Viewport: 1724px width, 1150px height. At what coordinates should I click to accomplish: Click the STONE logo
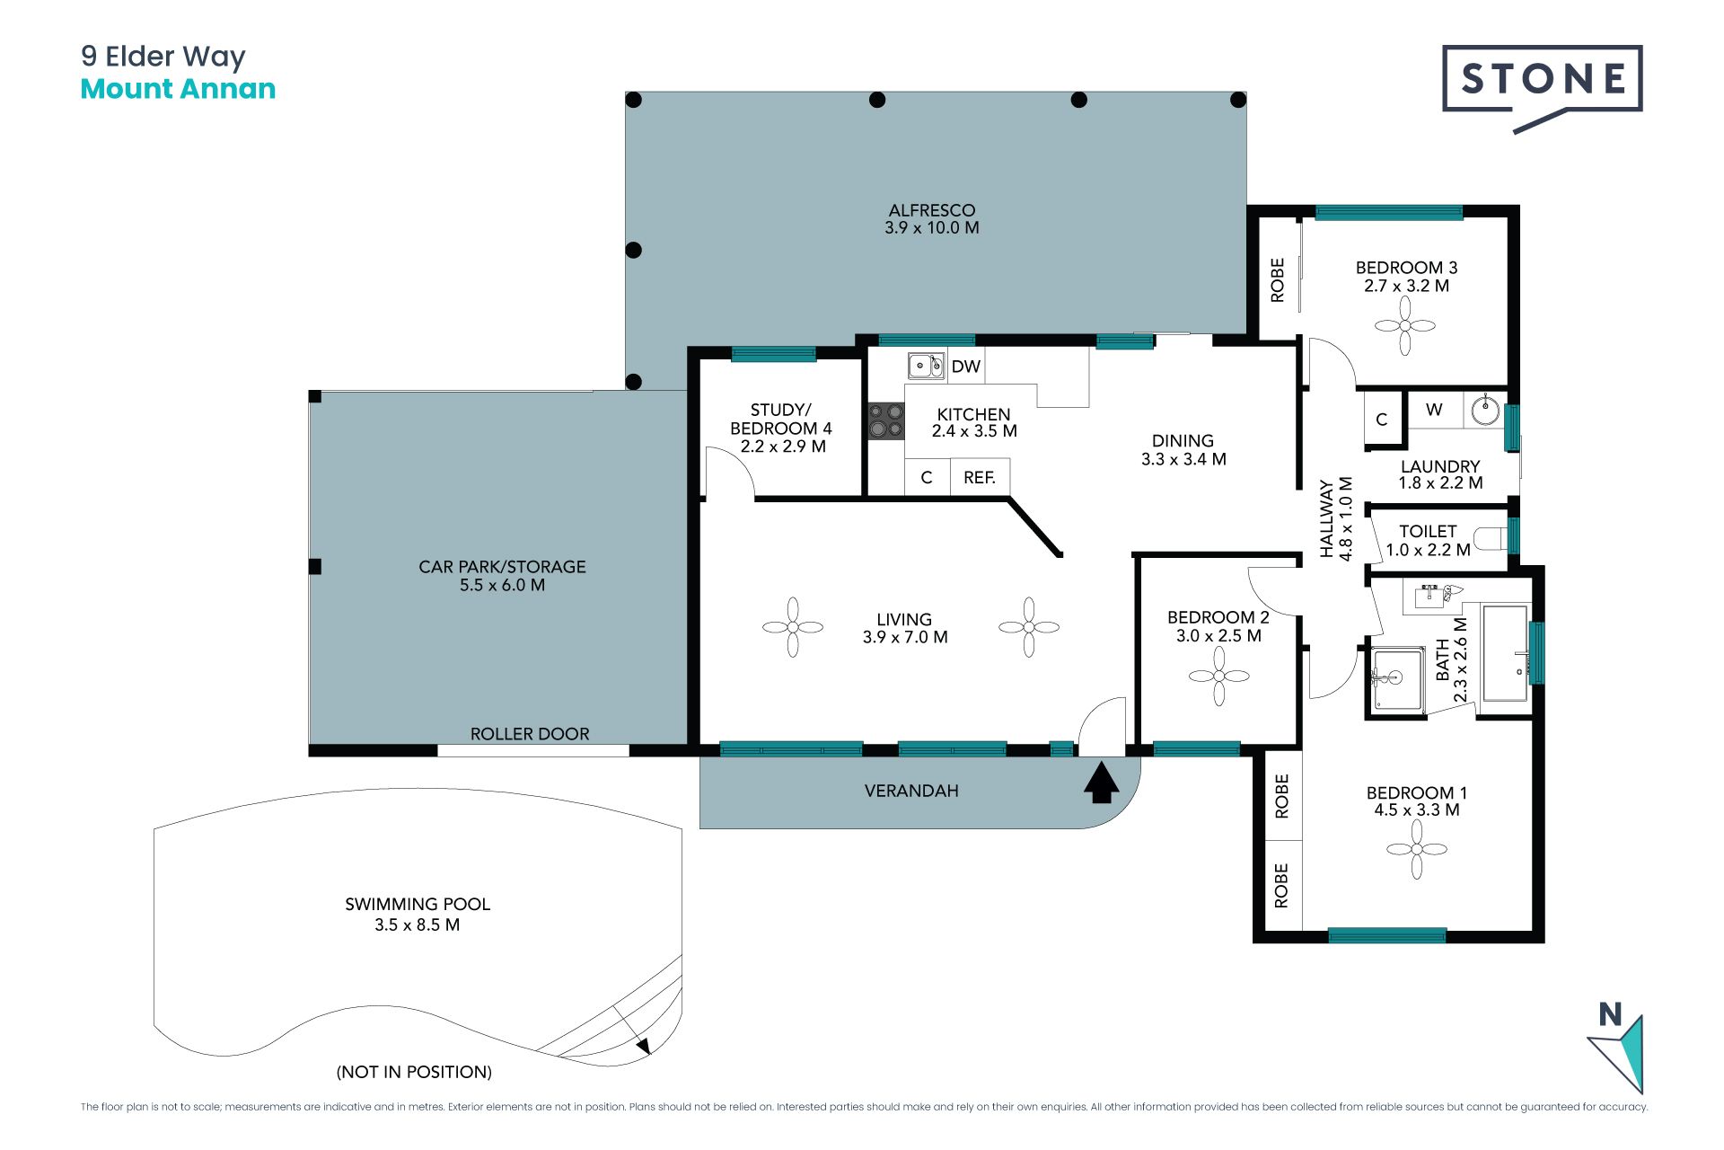pyautogui.click(x=1542, y=88)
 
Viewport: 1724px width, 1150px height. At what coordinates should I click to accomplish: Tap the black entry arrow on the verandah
pyautogui.click(x=1102, y=782)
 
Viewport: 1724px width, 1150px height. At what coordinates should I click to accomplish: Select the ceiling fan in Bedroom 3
pyautogui.click(x=1405, y=326)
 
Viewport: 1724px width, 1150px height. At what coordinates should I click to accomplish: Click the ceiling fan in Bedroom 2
pyautogui.click(x=1218, y=676)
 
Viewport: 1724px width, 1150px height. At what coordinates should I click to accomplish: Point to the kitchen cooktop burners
pyautogui.click(x=885, y=420)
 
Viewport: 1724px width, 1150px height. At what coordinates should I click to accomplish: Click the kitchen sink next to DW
pyautogui.click(x=926, y=366)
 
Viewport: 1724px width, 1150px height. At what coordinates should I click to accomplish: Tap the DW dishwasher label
pyautogui.click(x=965, y=367)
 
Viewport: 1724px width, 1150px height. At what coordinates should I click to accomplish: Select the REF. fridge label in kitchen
pyautogui.click(x=980, y=478)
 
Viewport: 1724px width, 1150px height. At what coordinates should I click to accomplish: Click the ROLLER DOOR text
pyautogui.click(x=530, y=734)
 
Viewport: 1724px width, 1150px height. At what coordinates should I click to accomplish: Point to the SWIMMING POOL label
pyautogui.click(x=418, y=904)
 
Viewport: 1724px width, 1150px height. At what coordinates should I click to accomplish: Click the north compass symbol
pyautogui.click(x=1617, y=1047)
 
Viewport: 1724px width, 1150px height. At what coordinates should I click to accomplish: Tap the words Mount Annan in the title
pyautogui.click(x=178, y=89)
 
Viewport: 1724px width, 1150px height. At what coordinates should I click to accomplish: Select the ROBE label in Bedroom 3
pyautogui.click(x=1278, y=279)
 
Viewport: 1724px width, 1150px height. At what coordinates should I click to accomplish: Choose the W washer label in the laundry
pyautogui.click(x=1434, y=410)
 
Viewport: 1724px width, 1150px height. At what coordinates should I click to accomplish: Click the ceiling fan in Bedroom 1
pyautogui.click(x=1417, y=849)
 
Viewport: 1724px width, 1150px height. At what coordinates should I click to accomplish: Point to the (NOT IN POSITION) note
pyautogui.click(x=414, y=1072)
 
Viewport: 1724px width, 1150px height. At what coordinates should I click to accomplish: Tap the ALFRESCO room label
pyautogui.click(x=932, y=210)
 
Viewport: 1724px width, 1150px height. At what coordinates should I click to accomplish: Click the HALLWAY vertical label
pyautogui.click(x=1327, y=519)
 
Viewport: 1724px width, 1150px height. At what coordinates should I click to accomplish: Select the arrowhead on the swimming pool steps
pyautogui.click(x=643, y=1046)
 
